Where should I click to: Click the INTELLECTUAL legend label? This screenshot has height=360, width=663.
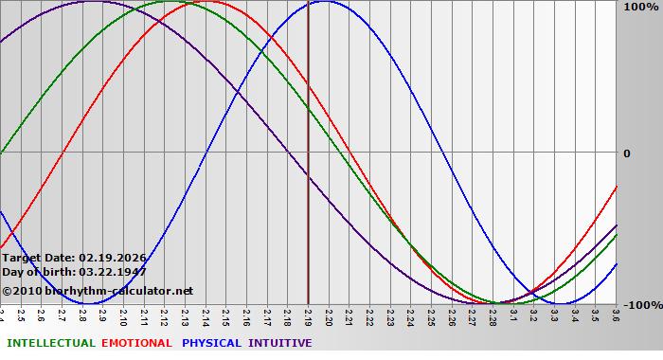[x=51, y=343]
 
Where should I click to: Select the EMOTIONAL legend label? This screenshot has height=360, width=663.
[x=136, y=343]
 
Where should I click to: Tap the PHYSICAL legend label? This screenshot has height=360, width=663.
[x=212, y=343]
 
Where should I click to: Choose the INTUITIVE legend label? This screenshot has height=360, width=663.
[x=280, y=343]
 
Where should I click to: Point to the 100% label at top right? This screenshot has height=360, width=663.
[x=639, y=7]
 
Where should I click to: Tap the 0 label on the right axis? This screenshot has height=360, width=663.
[x=626, y=153]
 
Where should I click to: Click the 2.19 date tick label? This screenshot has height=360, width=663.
[x=308, y=315]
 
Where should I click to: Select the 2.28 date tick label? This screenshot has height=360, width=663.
[x=493, y=315]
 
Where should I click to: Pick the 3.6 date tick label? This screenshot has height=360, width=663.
[x=616, y=315]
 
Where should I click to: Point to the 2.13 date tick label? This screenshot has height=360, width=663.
[x=185, y=315]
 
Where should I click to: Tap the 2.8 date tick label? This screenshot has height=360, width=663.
[x=82, y=315]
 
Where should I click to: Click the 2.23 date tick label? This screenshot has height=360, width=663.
[x=390, y=315]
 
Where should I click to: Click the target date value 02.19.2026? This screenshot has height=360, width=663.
[x=113, y=257]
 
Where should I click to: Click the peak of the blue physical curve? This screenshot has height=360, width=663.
[x=324, y=2]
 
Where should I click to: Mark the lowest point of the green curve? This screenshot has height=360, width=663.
[x=494, y=303]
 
